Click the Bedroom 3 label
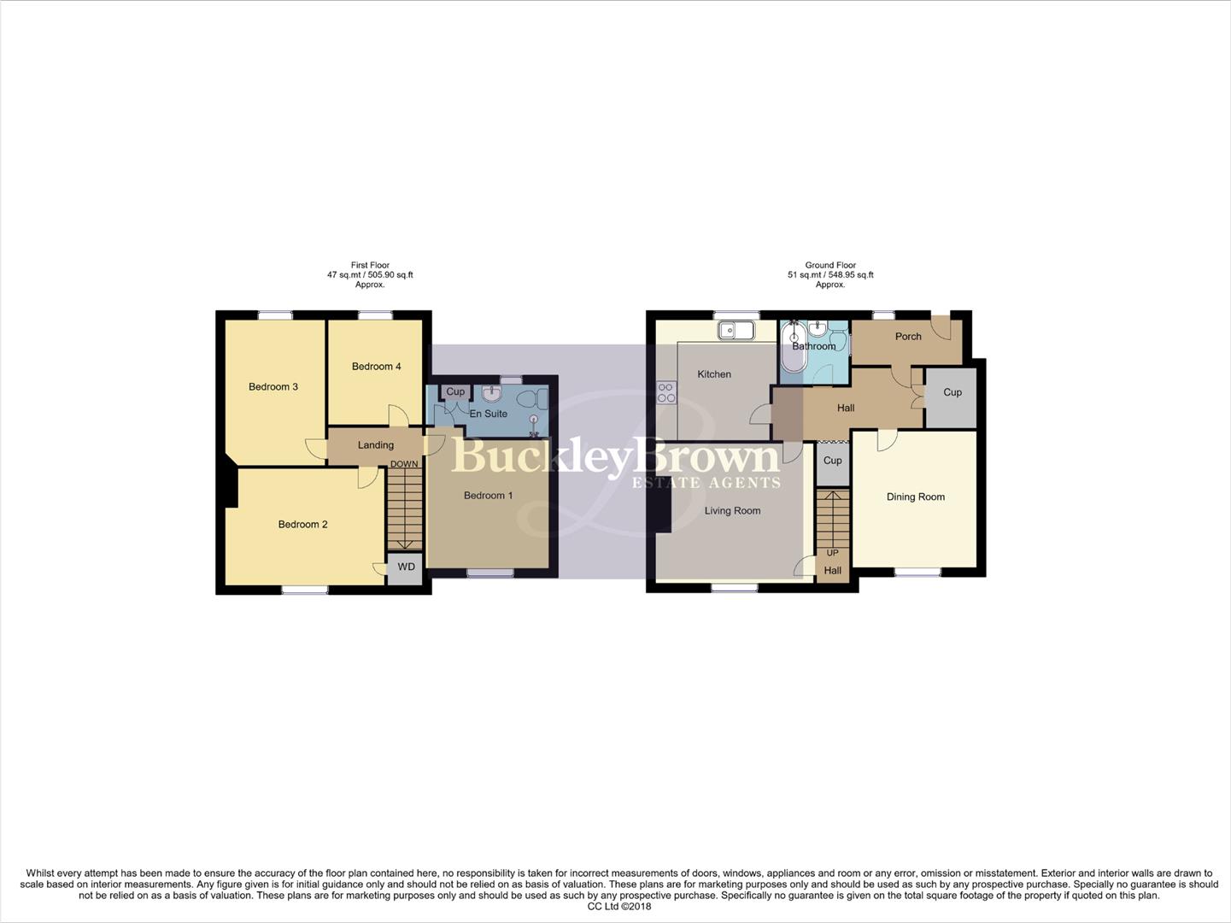click(273, 387)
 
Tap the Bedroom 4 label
click(376, 367)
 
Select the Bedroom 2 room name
click(302, 525)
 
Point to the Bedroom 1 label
click(488, 496)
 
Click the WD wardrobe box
click(406, 567)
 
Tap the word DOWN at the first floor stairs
click(404, 465)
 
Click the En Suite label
click(488, 414)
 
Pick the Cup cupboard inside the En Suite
click(455, 391)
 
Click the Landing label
click(375, 445)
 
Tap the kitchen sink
click(735, 330)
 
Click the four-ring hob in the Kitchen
click(665, 392)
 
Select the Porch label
click(908, 337)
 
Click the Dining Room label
click(915, 497)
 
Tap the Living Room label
click(732, 511)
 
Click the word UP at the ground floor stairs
click(832, 553)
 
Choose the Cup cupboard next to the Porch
click(952, 393)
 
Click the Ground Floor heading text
click(829, 266)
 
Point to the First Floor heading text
click(370, 266)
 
